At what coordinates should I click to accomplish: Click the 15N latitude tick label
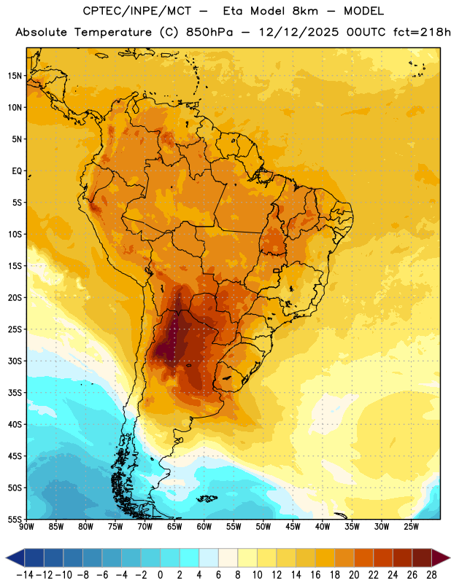click(x=15, y=76)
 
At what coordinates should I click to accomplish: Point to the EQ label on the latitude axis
click(x=17, y=171)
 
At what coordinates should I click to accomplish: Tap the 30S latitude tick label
click(x=15, y=361)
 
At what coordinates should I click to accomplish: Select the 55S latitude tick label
click(x=15, y=520)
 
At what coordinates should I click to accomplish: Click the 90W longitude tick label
click(x=27, y=526)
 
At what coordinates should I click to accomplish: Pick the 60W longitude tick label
click(x=204, y=526)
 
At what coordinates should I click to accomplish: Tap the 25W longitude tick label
click(x=411, y=526)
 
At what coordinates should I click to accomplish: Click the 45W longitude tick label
click(x=293, y=526)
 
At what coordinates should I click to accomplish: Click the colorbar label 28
click(x=431, y=575)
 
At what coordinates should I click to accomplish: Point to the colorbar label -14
click(x=25, y=575)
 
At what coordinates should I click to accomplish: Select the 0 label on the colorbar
click(x=160, y=575)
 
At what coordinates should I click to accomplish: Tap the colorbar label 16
click(x=315, y=575)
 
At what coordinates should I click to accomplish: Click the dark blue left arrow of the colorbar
click(x=15, y=557)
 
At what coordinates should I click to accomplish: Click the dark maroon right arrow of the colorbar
click(x=441, y=557)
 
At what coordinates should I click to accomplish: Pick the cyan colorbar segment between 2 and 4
click(x=189, y=557)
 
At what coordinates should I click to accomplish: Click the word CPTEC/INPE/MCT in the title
click(x=137, y=11)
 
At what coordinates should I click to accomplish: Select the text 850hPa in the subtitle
click(x=209, y=32)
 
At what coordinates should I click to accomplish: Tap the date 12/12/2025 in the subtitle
click(x=298, y=32)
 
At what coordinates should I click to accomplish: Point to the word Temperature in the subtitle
click(x=113, y=33)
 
